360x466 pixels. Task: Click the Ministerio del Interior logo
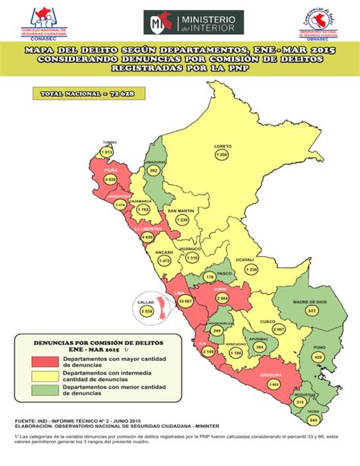pos(193,24)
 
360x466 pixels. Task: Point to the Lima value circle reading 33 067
pos(184,302)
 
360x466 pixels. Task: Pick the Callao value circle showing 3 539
pos(147,311)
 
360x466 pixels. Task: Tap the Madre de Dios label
pos(311,302)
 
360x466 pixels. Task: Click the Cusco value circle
pos(279,329)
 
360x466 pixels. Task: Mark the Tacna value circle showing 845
pos(313,420)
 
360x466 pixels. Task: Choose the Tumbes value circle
pos(107,153)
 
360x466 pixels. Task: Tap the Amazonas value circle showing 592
pos(153,171)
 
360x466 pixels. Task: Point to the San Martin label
pos(181,210)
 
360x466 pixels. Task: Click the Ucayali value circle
pos(251,269)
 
